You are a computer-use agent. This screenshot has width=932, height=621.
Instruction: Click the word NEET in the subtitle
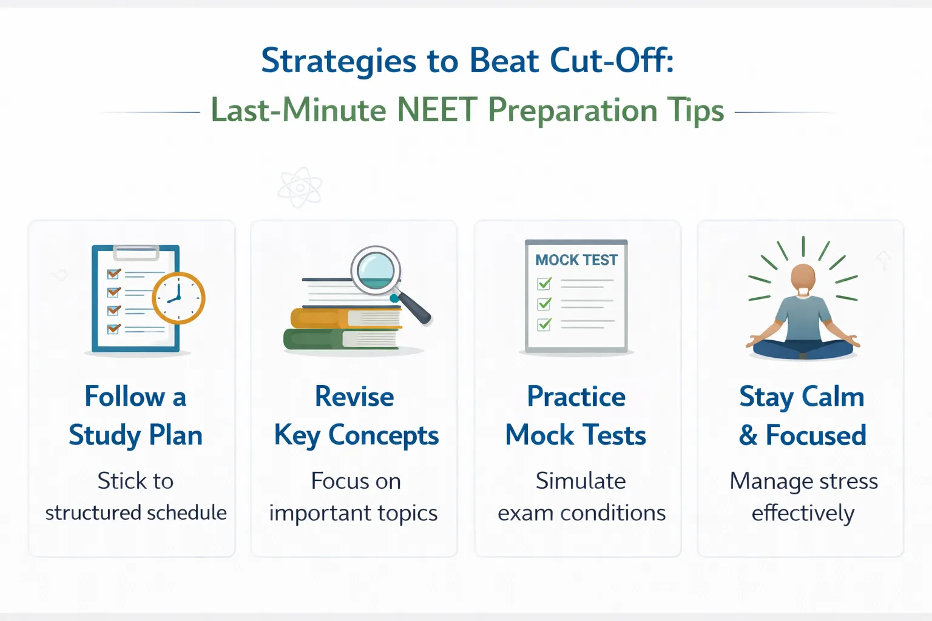(x=436, y=110)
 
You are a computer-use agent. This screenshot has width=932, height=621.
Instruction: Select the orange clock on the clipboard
(x=178, y=298)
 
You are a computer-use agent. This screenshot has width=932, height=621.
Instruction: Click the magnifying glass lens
(x=376, y=269)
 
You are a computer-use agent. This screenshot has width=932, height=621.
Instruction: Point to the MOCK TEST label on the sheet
(x=576, y=260)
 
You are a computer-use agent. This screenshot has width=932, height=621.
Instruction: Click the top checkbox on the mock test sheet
(x=544, y=283)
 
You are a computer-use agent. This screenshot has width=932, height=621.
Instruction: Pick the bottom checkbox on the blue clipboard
(x=113, y=329)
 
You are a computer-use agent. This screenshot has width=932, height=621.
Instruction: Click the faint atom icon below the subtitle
(x=300, y=188)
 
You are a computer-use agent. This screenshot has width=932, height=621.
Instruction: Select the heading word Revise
(x=354, y=397)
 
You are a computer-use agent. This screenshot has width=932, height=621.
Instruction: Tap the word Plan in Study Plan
(x=176, y=435)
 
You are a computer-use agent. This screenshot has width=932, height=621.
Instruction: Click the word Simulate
(x=581, y=481)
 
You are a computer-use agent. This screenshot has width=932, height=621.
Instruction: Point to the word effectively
(x=803, y=514)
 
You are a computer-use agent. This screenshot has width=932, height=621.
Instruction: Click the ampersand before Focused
(x=748, y=435)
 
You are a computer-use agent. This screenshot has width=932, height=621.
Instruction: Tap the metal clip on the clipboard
(x=136, y=252)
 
